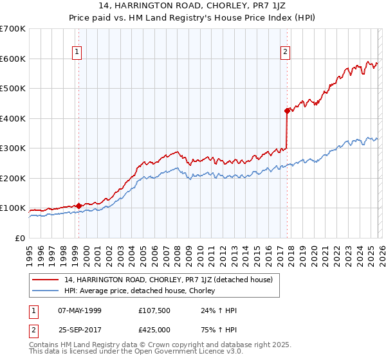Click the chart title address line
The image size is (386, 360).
pyautogui.click(x=192, y=6)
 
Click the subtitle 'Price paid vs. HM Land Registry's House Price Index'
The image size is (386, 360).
pyautogui.click(x=192, y=17)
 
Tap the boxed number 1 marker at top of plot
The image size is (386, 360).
pyautogui.click(x=77, y=53)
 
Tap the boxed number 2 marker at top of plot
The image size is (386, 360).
pyautogui.click(x=285, y=53)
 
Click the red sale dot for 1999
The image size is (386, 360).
pyautogui.click(x=78, y=206)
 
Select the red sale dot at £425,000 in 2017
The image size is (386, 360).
pyautogui.click(x=287, y=111)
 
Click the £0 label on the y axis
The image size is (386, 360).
pyautogui.click(x=20, y=238)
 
